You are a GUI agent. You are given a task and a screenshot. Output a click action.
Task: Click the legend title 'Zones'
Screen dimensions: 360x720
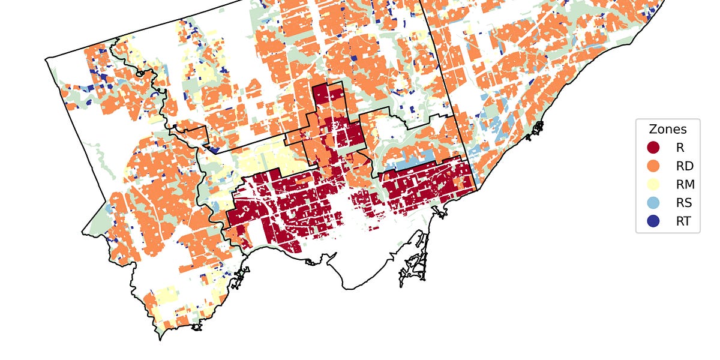point(668,129)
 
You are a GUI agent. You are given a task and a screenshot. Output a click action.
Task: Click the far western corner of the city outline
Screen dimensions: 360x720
point(46,59)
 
